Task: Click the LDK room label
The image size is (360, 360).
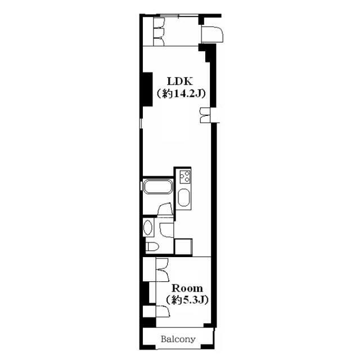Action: [x=180, y=82]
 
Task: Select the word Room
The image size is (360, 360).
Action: [x=187, y=288]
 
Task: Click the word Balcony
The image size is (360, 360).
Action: [x=178, y=339]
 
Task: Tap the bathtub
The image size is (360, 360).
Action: [x=158, y=187]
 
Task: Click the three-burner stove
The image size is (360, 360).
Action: [x=185, y=176]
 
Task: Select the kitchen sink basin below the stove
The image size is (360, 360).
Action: [x=184, y=197]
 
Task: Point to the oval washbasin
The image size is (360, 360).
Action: [x=147, y=227]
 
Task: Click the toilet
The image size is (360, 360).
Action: [x=152, y=246]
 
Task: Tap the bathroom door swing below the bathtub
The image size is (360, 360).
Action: [x=165, y=209]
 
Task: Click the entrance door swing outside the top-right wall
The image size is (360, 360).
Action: [x=212, y=34]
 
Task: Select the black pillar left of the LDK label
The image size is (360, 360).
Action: [x=147, y=89]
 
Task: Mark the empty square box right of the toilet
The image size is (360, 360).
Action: [x=183, y=246]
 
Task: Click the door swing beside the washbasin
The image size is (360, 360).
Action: [x=166, y=230]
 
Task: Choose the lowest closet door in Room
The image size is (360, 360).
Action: [x=163, y=312]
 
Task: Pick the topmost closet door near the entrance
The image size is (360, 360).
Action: [x=159, y=22]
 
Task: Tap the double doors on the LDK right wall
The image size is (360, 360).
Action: [x=205, y=115]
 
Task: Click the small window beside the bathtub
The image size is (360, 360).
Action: [x=141, y=186]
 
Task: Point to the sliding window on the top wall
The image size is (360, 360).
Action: [x=179, y=16]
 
